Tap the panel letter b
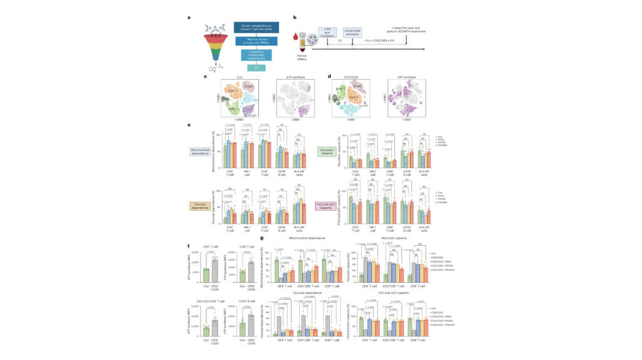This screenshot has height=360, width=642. point(295,17)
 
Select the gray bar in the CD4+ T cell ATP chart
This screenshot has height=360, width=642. point(214,267)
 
